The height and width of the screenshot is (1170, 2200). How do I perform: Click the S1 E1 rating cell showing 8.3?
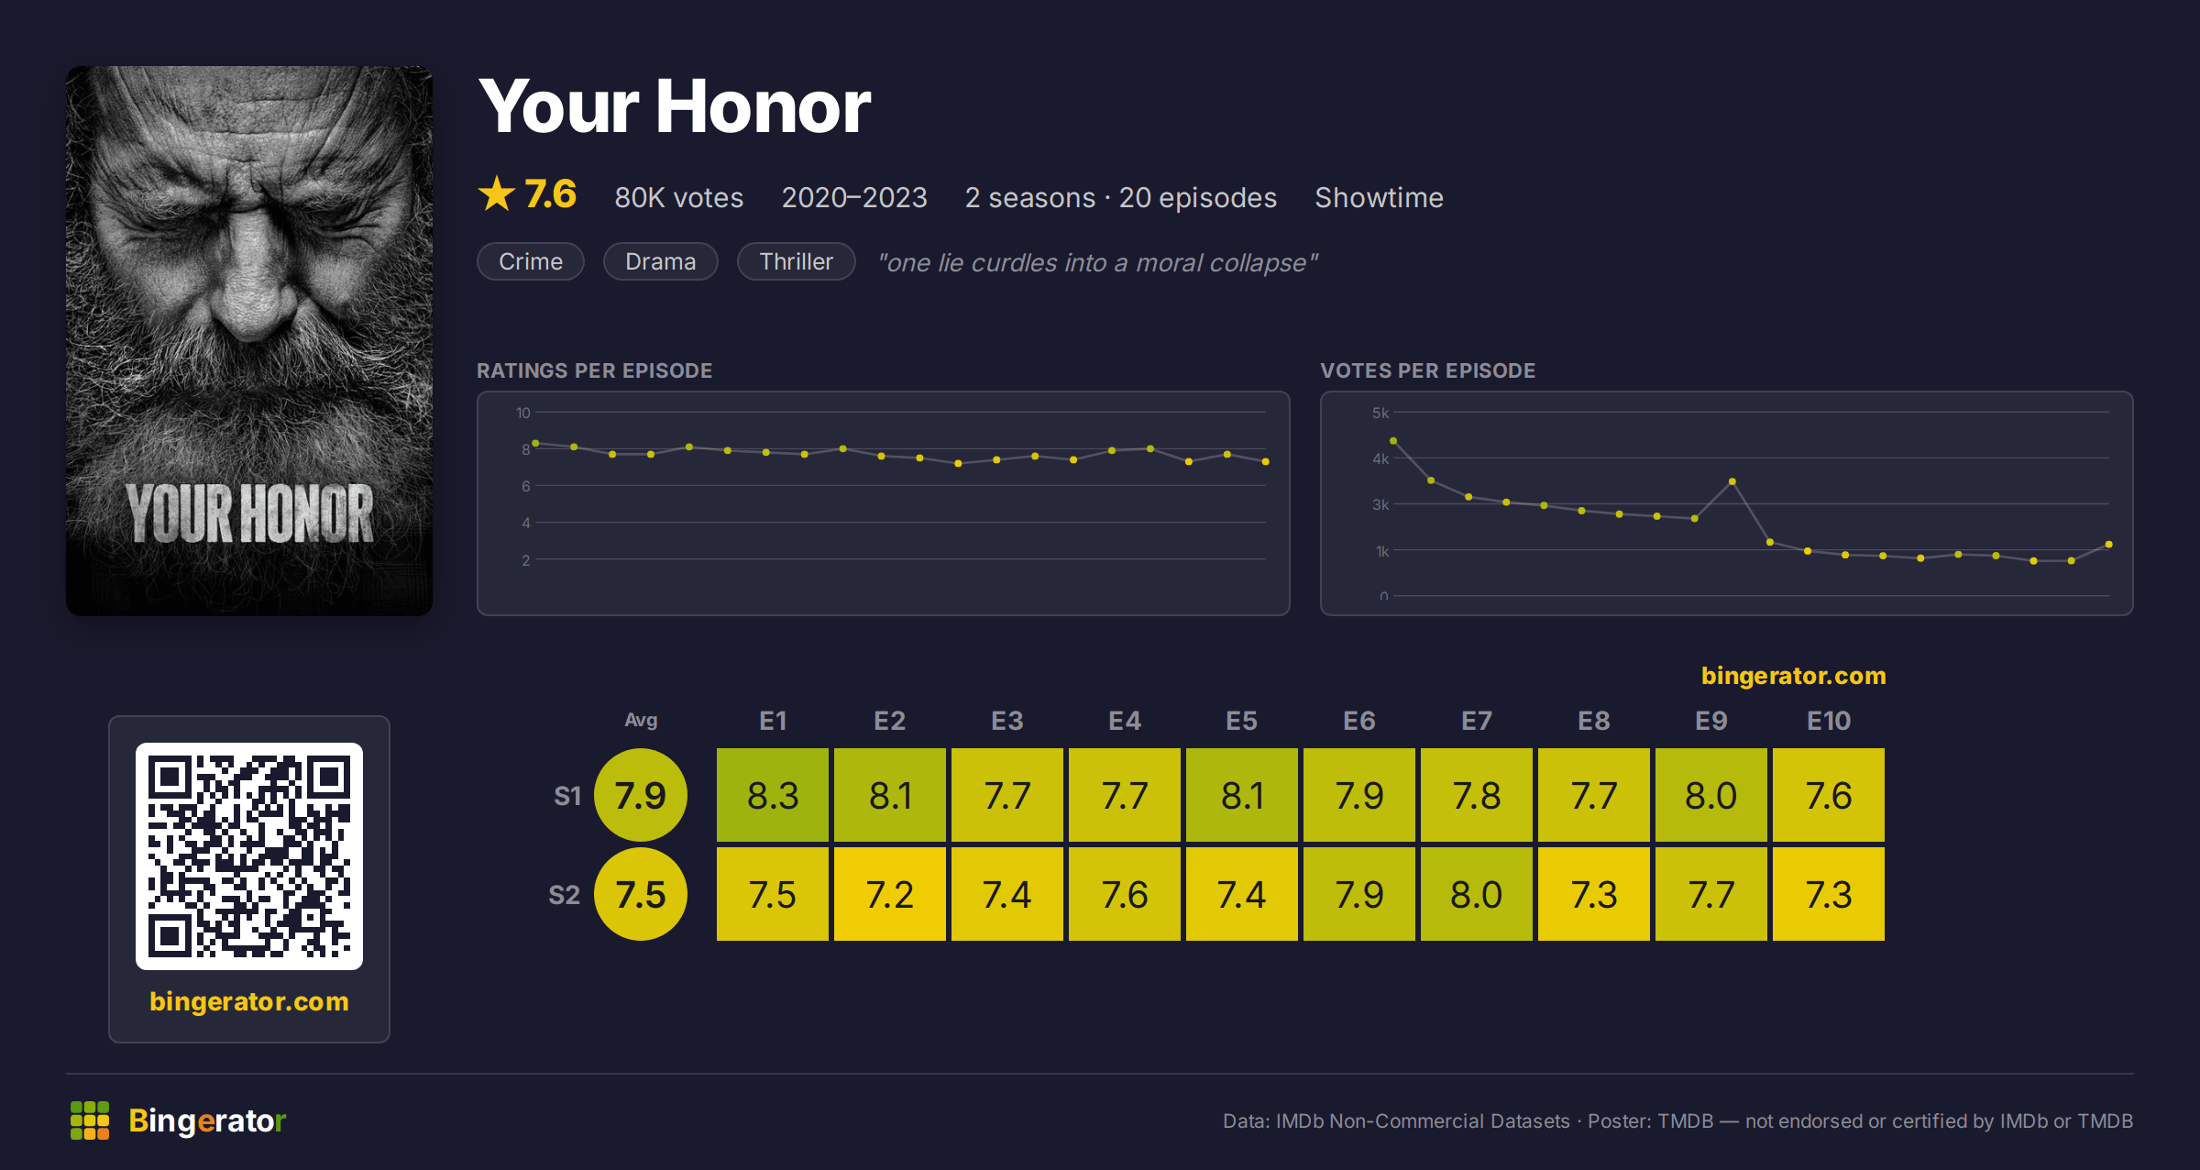(773, 795)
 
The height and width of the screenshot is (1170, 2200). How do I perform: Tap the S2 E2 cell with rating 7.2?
(890, 894)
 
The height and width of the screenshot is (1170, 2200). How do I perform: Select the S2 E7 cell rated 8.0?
(1477, 894)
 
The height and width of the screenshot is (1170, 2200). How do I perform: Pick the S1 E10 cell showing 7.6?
(1829, 795)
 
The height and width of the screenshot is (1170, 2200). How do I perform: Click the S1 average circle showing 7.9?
(641, 795)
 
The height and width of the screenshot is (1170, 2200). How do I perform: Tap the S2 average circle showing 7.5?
(641, 894)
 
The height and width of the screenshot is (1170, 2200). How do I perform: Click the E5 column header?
(1242, 721)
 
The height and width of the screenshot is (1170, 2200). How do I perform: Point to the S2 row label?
(565, 895)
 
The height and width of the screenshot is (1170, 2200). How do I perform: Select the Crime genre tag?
(531, 261)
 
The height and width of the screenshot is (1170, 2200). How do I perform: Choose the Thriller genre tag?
(797, 261)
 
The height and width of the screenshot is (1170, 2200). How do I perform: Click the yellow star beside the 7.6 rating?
(497, 193)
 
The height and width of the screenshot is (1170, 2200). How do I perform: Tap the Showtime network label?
(1379, 197)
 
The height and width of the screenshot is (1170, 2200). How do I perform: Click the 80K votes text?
(679, 197)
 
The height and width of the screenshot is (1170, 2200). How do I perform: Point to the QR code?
(249, 856)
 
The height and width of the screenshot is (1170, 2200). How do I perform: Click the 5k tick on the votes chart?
(1380, 413)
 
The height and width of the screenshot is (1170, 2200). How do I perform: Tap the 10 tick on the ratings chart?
(523, 413)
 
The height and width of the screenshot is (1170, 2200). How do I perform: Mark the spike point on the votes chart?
(1732, 481)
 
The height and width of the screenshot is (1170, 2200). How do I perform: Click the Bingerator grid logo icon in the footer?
(90, 1120)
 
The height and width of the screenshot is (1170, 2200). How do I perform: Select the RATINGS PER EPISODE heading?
(594, 370)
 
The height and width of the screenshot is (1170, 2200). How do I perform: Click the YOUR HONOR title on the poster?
(249, 513)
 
